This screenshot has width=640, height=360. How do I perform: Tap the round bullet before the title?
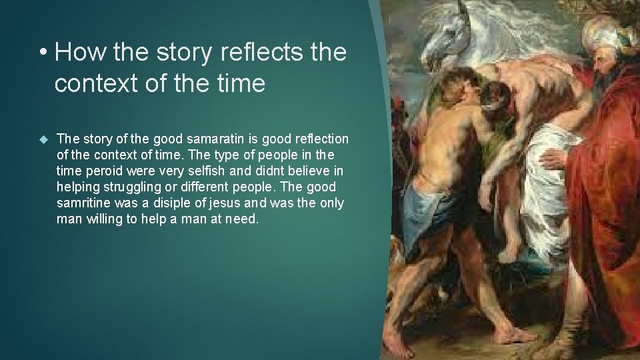point(43,52)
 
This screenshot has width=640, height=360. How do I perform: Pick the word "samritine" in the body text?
point(85,203)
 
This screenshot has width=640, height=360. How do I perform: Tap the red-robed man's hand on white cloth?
point(553,159)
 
